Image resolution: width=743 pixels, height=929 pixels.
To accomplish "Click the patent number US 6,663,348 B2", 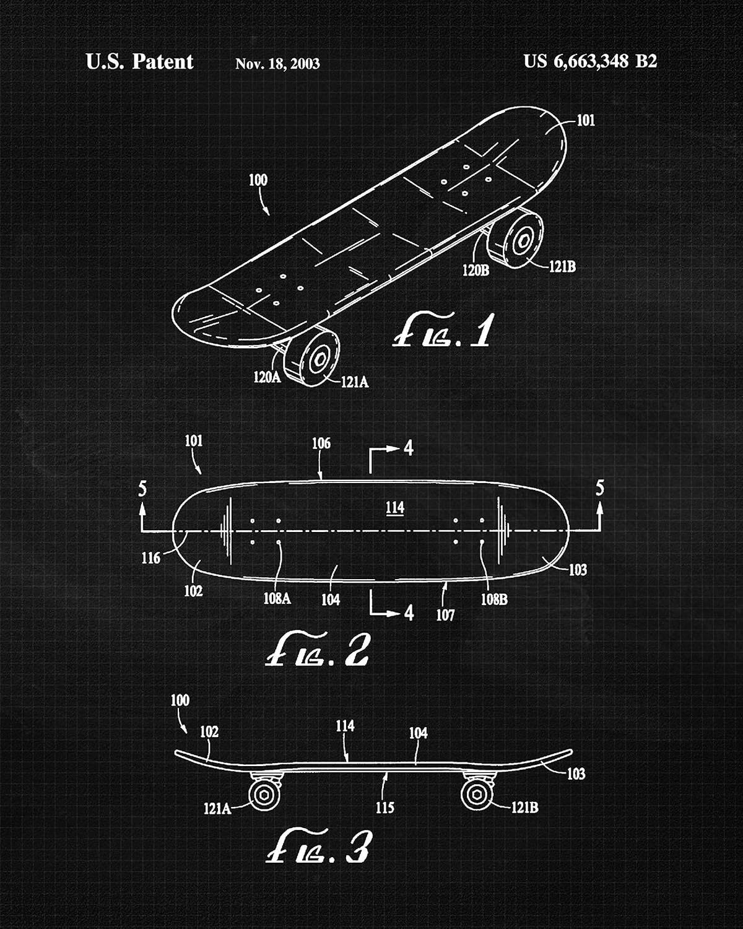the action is pos(590,61).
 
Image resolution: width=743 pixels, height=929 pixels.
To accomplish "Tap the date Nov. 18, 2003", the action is pos(277,64).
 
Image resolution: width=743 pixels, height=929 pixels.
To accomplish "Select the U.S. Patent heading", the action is pos(139,61).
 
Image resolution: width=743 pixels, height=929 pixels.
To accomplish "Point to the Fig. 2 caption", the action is pos(317,649).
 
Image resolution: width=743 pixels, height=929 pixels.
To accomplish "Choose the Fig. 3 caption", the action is pos(318,846).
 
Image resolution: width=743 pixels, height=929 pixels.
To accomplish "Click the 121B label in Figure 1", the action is pos(562,267).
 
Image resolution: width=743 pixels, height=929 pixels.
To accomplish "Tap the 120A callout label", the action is pos(267,377).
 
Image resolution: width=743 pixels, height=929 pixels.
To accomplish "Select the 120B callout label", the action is pos(476,271).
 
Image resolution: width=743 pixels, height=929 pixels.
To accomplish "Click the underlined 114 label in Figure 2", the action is pos(395,508).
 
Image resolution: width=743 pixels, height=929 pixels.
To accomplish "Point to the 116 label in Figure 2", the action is pos(150,558).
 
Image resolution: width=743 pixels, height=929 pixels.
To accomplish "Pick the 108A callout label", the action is pos(277,598).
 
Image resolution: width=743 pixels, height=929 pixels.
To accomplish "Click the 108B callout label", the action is pos(494,599).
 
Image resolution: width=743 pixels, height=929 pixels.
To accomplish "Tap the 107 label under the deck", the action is pos(445,615).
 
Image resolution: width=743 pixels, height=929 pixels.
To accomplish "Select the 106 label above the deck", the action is pos(321,443).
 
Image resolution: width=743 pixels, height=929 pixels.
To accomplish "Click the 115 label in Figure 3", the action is pos(385,807).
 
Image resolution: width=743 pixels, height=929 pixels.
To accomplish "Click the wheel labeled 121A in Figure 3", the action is pos(264,795).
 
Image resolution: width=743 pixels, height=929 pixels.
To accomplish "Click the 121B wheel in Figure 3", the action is pos(477,795).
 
